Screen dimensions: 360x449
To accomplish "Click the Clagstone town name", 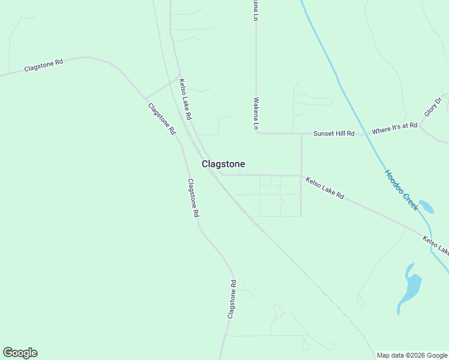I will tap(223, 164).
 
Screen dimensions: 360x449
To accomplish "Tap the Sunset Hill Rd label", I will tap(334, 133).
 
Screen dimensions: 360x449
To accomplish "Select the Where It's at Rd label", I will tap(394, 128).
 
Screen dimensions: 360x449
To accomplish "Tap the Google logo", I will tap(20, 353).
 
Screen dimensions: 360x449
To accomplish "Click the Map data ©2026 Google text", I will tap(411, 355).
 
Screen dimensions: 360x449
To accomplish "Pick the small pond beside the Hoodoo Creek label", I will tap(426, 206).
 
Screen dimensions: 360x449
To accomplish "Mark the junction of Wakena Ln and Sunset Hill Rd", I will tap(257, 133).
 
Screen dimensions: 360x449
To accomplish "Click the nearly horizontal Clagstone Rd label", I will tap(43, 65).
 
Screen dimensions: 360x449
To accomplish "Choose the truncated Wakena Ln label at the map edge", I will tap(255, 9).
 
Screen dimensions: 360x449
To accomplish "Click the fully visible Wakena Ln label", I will tap(256, 114).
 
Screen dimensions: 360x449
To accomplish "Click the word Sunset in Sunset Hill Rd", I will tap(324, 133).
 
